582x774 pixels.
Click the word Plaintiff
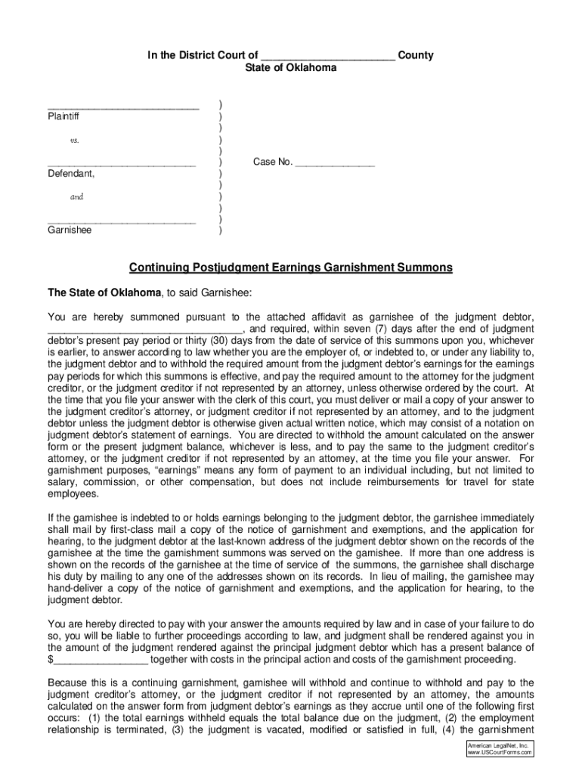pos(63,117)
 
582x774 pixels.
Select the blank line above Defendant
pos(122,165)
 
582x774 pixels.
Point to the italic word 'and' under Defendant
pos(76,197)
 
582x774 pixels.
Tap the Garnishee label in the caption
pos(70,231)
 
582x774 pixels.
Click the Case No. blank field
pos(335,163)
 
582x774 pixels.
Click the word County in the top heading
pos(416,56)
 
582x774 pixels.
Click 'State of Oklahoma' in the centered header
pos(291,68)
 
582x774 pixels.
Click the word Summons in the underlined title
pos(429,268)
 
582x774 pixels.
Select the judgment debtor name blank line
pos(145,330)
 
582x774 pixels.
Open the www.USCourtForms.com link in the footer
pos(500,752)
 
